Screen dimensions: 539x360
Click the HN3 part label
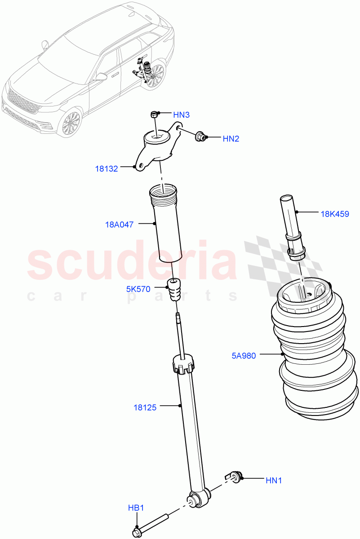point(181,115)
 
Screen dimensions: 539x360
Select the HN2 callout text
point(231,139)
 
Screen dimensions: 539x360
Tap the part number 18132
point(106,169)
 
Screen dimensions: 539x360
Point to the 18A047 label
point(119,225)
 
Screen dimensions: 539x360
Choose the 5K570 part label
point(138,289)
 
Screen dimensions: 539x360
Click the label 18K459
point(334,214)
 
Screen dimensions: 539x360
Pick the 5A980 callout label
point(244,356)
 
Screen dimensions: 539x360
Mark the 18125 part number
point(145,408)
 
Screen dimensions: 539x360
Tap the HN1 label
point(274,480)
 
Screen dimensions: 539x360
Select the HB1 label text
point(136,508)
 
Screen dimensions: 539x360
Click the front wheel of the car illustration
point(70,122)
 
